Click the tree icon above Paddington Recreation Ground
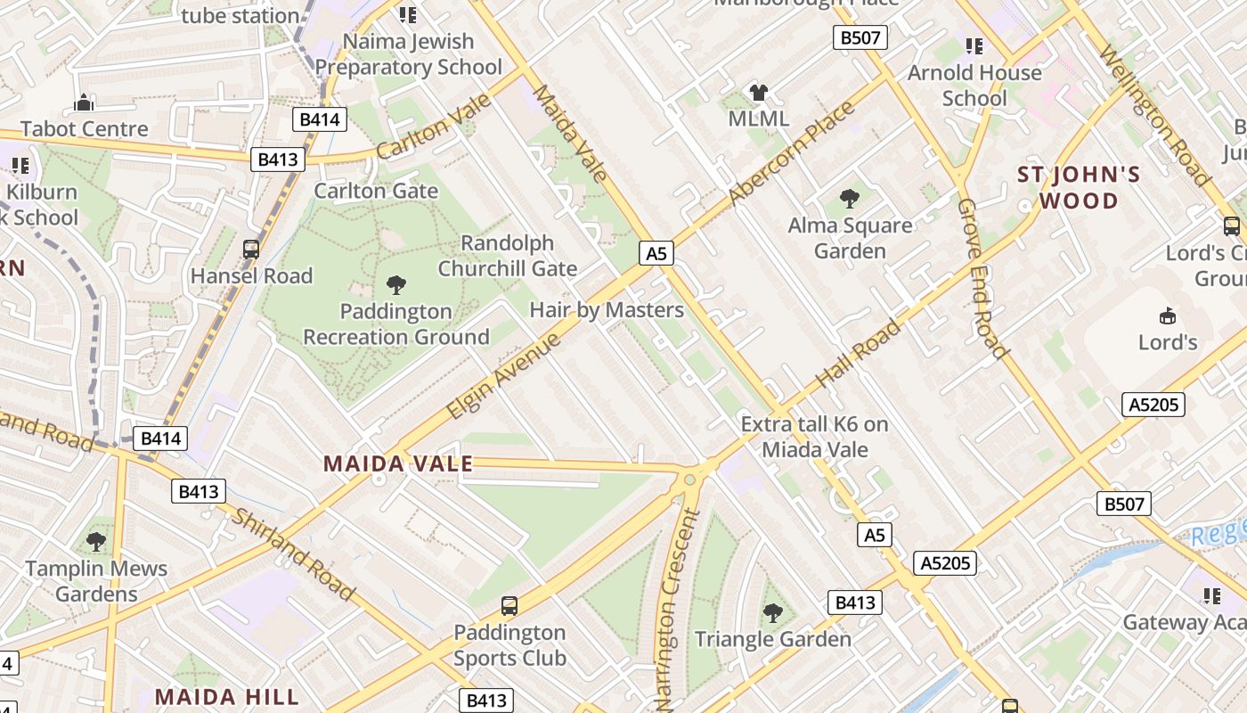point(396,285)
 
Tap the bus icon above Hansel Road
point(251,250)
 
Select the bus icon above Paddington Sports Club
point(509,606)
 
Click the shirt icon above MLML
point(758,92)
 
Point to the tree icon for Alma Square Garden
point(850,199)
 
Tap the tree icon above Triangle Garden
point(772,613)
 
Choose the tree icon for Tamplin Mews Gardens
point(95,541)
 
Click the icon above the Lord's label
point(1167,316)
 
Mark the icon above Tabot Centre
point(84,102)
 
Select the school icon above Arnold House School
point(974,45)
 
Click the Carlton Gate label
point(376,191)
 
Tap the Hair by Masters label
point(607,310)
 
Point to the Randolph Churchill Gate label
point(508,256)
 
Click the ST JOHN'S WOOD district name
point(1079,187)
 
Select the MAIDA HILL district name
point(226,696)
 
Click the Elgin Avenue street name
point(503,377)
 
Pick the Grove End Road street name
point(983,278)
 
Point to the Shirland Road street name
point(294,555)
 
